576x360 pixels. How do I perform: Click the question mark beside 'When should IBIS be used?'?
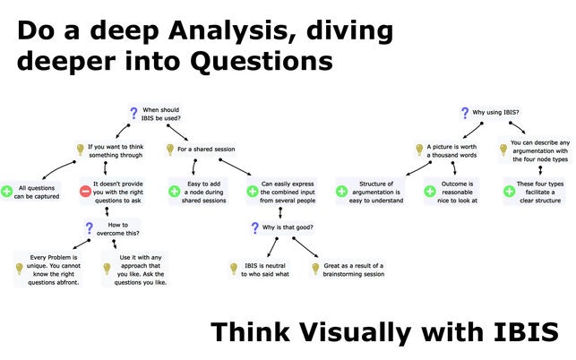(x=133, y=114)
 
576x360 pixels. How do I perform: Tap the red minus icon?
(x=85, y=192)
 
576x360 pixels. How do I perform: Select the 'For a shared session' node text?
(x=206, y=150)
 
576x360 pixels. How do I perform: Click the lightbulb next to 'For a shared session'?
(x=169, y=150)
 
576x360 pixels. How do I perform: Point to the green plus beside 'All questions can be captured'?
(x=6, y=192)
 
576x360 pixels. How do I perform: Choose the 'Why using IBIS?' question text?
(x=495, y=113)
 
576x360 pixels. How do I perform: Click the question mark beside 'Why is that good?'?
(x=255, y=227)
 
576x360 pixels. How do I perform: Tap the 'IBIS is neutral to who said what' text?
(x=265, y=270)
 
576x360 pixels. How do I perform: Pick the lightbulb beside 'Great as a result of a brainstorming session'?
(x=315, y=269)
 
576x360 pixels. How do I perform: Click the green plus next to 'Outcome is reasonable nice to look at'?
(x=430, y=192)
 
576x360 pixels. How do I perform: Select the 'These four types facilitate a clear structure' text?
(x=540, y=193)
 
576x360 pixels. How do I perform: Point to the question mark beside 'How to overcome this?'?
(x=90, y=228)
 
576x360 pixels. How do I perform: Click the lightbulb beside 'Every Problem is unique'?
(x=19, y=269)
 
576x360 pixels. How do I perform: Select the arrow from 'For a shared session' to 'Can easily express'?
(x=235, y=167)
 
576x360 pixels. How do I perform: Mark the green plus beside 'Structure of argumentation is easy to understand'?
(x=341, y=192)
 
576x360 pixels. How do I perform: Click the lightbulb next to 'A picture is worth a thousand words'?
(x=419, y=150)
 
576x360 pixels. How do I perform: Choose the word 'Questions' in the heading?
(x=262, y=62)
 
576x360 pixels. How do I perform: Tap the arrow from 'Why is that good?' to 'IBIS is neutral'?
(x=272, y=247)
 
